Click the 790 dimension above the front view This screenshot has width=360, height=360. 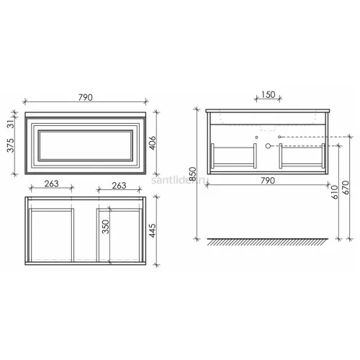(86, 97)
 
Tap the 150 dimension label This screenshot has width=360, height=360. (268, 94)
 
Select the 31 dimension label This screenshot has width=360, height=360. (11, 124)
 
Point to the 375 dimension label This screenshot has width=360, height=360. (11, 145)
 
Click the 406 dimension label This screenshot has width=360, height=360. (153, 143)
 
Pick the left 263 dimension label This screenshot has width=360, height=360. (51, 184)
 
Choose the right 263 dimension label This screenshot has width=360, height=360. (119, 185)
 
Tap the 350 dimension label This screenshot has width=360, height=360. (106, 227)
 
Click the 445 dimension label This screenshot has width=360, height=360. (153, 230)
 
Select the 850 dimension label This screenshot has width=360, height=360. (193, 174)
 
